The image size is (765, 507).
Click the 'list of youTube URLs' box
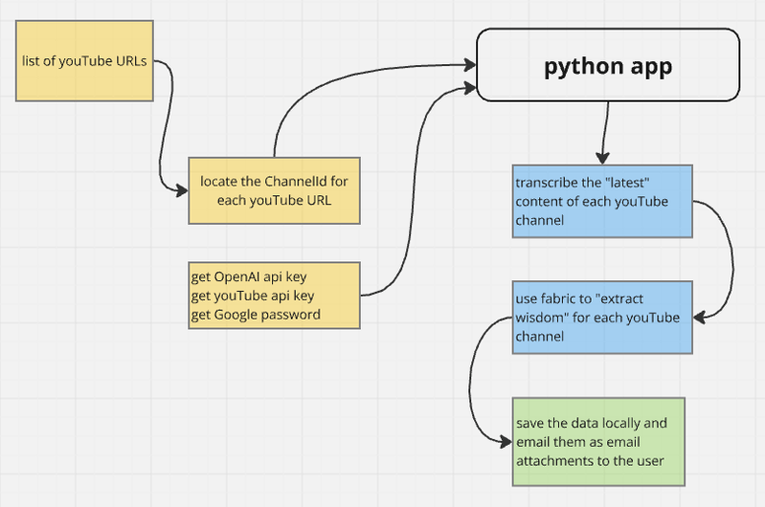point(85,61)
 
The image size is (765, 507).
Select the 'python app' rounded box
point(608,65)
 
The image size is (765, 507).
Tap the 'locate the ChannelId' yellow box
point(274,190)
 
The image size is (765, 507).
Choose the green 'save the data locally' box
point(598,442)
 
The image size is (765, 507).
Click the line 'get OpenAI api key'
point(248,277)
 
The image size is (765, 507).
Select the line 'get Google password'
point(255,315)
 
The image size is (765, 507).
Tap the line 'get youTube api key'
point(252,296)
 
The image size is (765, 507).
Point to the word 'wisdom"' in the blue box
point(542,318)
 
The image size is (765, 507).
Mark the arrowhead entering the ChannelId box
point(182,190)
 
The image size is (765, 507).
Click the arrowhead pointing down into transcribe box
point(602,158)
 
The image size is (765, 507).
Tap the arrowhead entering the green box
point(506,442)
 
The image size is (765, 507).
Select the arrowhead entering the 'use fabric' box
point(699,318)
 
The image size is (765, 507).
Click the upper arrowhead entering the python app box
point(470,65)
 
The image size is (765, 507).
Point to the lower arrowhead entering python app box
point(470,88)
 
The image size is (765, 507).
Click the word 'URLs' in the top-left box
point(131,61)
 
